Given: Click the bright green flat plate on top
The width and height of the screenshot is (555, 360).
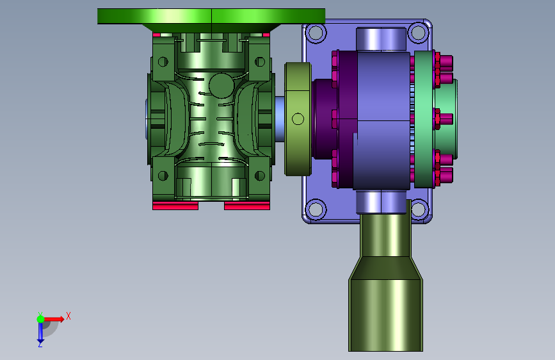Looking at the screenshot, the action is pos(211,16).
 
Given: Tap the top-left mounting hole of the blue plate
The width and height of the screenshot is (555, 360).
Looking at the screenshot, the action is pos(316,33).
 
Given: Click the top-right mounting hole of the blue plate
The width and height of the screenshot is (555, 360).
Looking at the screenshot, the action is pos(418,32).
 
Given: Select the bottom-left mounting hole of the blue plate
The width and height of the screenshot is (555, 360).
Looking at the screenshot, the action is pos(316,208).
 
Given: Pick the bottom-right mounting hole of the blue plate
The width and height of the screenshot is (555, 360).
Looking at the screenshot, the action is pos(419,208).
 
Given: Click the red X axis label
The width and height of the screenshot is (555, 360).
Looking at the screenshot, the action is pos(68,316).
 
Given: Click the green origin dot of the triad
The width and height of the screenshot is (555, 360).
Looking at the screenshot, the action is pos(40,319).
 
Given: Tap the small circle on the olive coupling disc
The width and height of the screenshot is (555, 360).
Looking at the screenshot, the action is pos(298,119).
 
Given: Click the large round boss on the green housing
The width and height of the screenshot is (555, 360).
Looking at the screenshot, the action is pos(221,85).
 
